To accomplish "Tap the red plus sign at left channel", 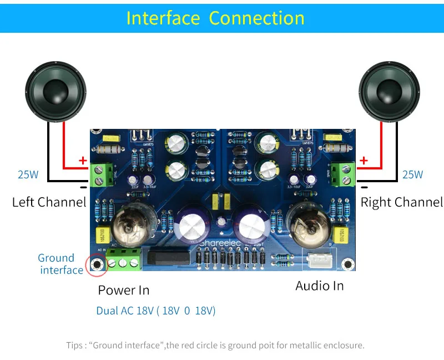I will pyautogui.click(x=83, y=161).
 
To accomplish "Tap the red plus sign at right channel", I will pyautogui.click(x=364, y=161).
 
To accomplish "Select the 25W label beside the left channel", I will pyautogui.click(x=28, y=174).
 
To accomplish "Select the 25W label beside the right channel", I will pyautogui.click(x=412, y=174).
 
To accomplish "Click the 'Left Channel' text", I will pyautogui.click(x=49, y=202).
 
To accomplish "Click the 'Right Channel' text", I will pyautogui.click(x=402, y=202).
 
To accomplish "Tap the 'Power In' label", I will pyautogui.click(x=123, y=290).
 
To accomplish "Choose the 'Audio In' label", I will pyautogui.click(x=319, y=286).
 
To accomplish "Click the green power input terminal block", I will pyautogui.click(x=123, y=259).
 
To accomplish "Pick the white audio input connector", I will pyautogui.click(x=318, y=259).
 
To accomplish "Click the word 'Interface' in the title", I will pyautogui.click(x=163, y=18).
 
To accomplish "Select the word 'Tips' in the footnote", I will pyautogui.click(x=74, y=345).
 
